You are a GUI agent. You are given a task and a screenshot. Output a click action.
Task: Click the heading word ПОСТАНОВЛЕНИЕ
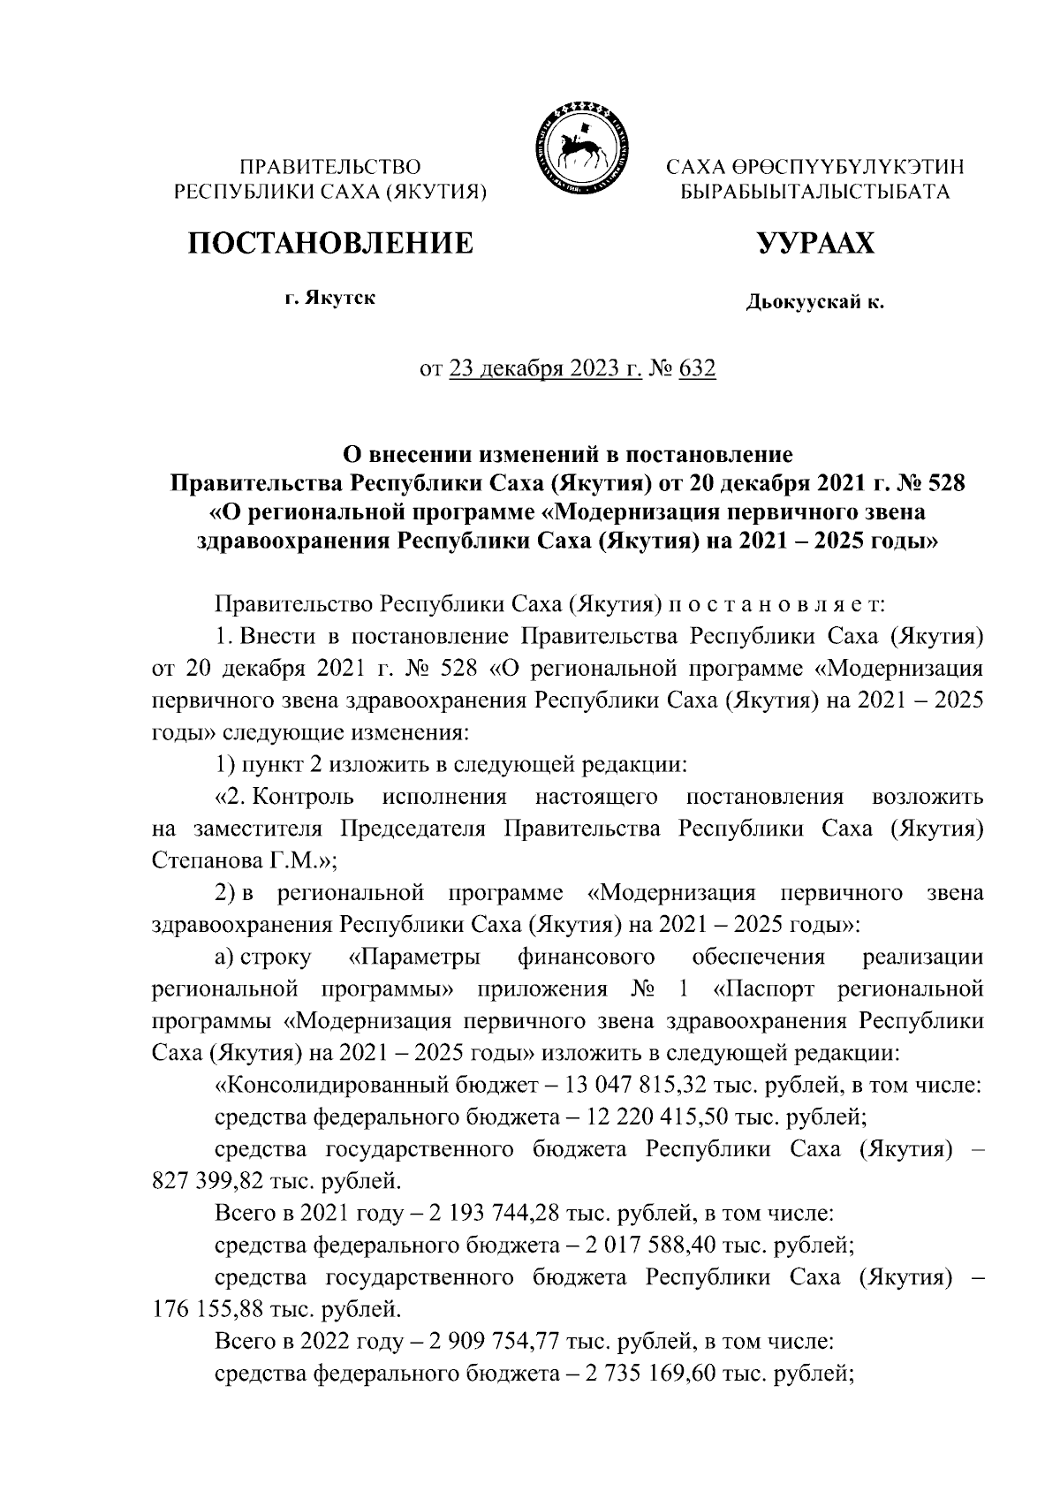(x=329, y=241)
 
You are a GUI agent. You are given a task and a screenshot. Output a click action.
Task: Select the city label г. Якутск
(x=329, y=298)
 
